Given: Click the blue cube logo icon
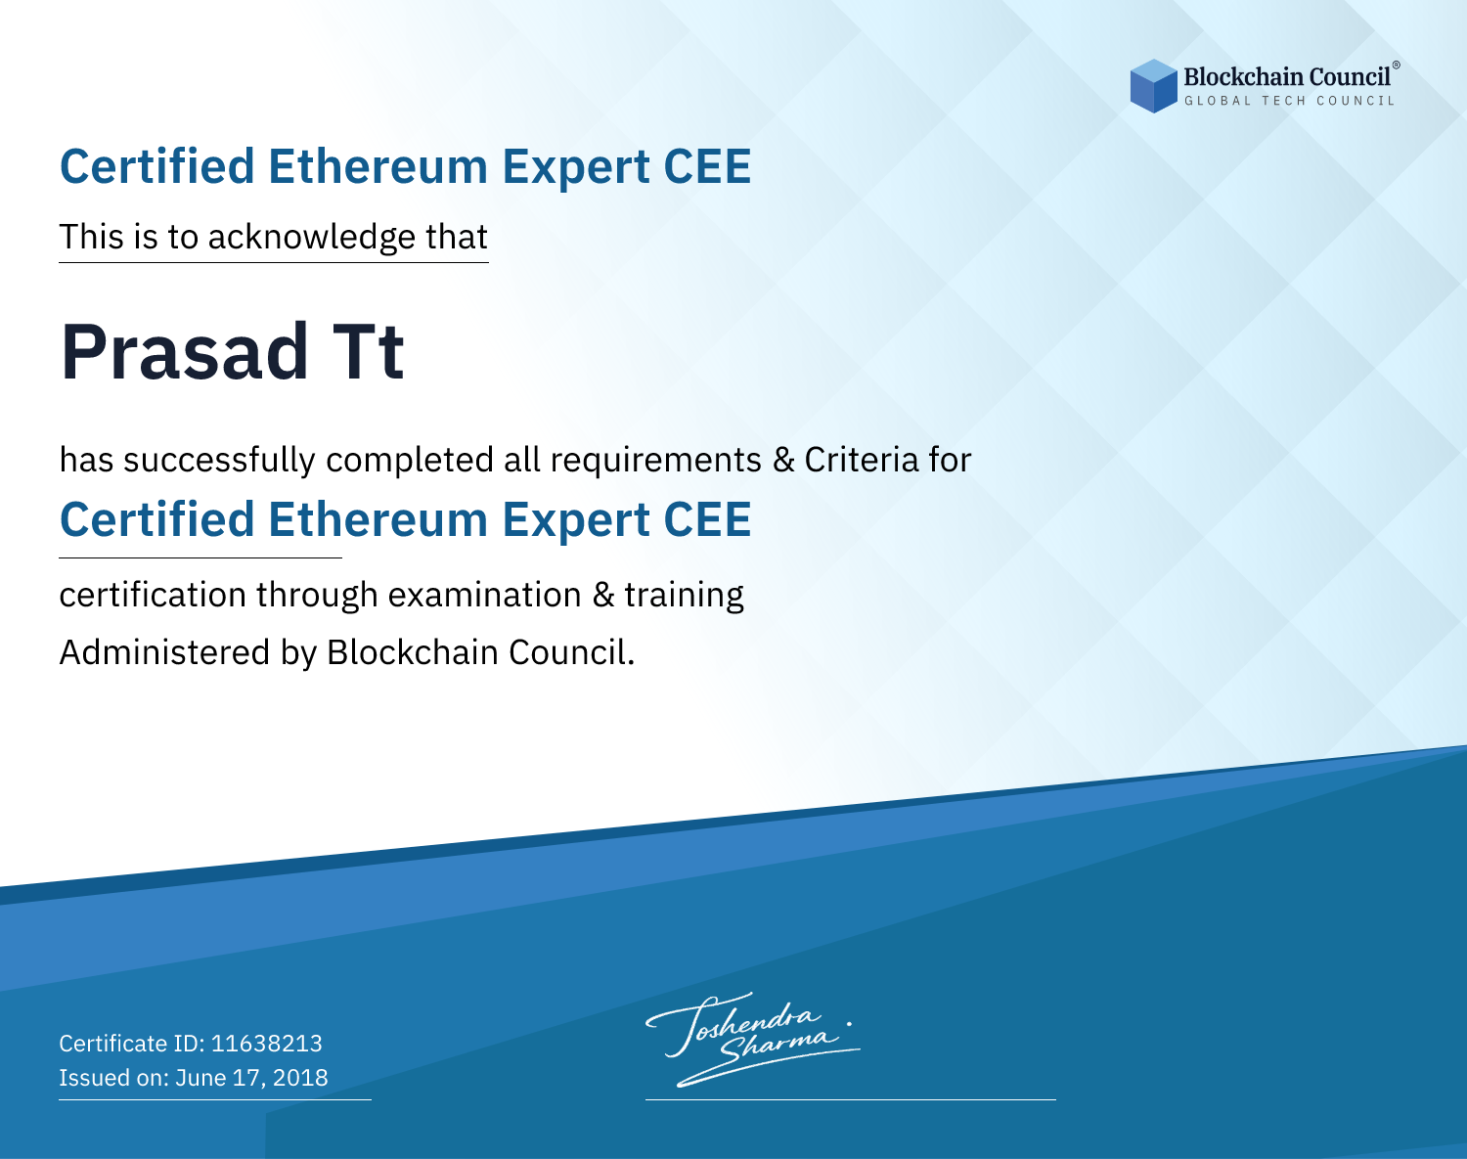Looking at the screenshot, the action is click(1153, 86).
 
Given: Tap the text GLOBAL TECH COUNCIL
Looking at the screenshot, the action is click(1290, 101).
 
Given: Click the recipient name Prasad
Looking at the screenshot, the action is click(185, 352).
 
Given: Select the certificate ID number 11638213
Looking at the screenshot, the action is click(267, 1043).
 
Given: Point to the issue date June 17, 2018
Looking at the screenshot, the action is click(251, 1078).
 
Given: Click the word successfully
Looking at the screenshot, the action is click(218, 460).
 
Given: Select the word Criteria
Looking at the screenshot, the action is click(861, 460).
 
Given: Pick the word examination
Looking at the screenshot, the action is click(484, 595).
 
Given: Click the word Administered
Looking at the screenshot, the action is click(164, 651).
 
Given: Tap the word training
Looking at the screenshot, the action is click(685, 596).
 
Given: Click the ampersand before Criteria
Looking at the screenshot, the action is click(783, 461).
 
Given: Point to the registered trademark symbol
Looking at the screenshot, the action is click(1396, 65).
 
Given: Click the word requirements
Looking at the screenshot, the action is click(656, 461).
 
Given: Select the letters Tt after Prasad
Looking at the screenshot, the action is click(368, 352).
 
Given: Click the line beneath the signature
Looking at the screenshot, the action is click(850, 1099).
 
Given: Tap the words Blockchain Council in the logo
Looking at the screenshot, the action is click(1287, 76).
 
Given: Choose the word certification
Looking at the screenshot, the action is click(153, 595).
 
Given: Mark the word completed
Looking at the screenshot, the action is click(410, 461).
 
